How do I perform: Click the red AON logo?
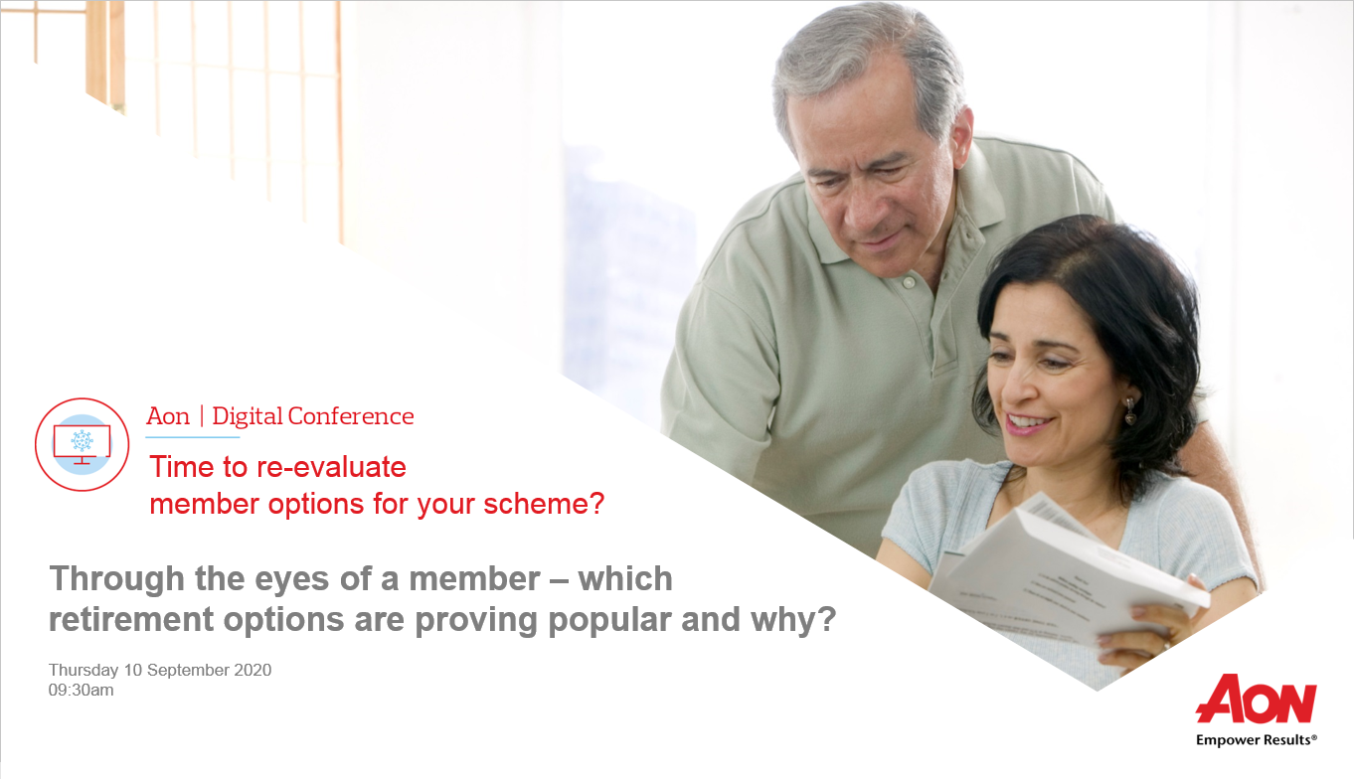pyautogui.click(x=1256, y=700)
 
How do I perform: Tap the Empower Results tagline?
pyautogui.click(x=1256, y=740)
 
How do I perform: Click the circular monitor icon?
pyautogui.click(x=83, y=444)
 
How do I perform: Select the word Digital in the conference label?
pyautogui.click(x=248, y=416)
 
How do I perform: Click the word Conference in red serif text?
pyautogui.click(x=351, y=416)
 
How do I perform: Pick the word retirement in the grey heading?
pyautogui.click(x=131, y=619)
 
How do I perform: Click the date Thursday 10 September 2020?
pyautogui.click(x=160, y=671)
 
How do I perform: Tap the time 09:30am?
pyautogui.click(x=81, y=691)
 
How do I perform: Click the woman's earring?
pyautogui.click(x=1129, y=410)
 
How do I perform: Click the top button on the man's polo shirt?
pyautogui.click(x=908, y=282)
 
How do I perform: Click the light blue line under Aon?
pyautogui.click(x=193, y=436)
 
